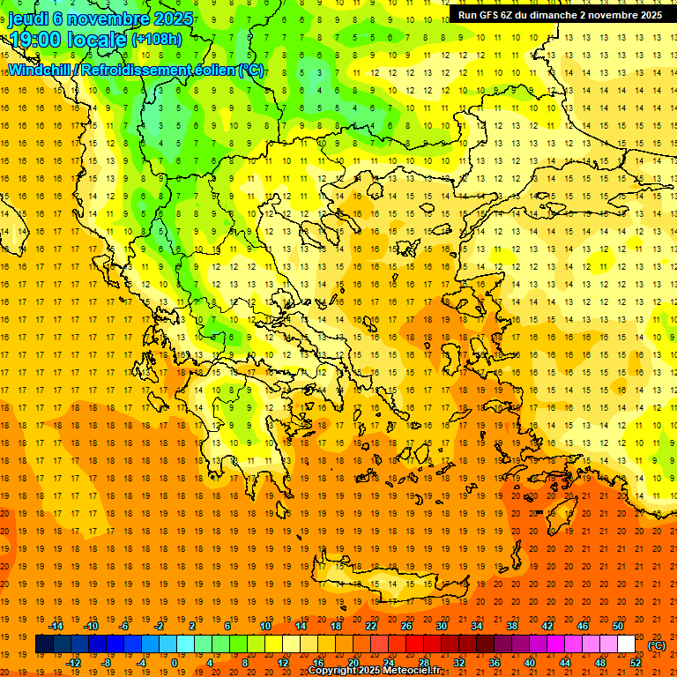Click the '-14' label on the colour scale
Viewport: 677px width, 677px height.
click(x=58, y=626)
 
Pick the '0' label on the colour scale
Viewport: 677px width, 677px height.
click(x=174, y=663)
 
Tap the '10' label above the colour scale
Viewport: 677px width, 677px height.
click(x=265, y=626)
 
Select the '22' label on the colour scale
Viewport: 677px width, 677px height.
click(x=371, y=626)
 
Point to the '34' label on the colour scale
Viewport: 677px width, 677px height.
click(x=477, y=626)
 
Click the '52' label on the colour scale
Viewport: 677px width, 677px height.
click(x=635, y=663)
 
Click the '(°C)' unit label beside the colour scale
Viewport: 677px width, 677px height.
click(x=656, y=645)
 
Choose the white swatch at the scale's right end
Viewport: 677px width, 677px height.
click(x=626, y=644)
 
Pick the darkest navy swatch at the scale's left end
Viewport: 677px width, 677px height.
click(x=44, y=644)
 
